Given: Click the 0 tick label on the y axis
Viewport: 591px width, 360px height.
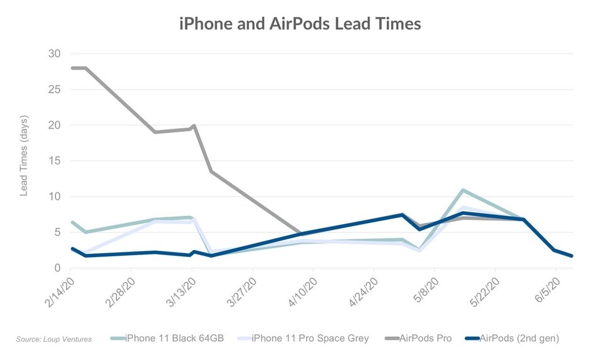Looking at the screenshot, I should coord(57,268).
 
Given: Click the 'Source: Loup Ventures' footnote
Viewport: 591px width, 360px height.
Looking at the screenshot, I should coord(54,339).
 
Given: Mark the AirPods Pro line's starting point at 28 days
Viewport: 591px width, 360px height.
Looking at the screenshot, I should coord(72,68).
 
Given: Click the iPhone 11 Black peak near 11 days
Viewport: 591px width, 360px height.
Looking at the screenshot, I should coord(463,190).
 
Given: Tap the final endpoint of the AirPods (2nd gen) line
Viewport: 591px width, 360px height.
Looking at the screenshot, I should coord(571,256).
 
